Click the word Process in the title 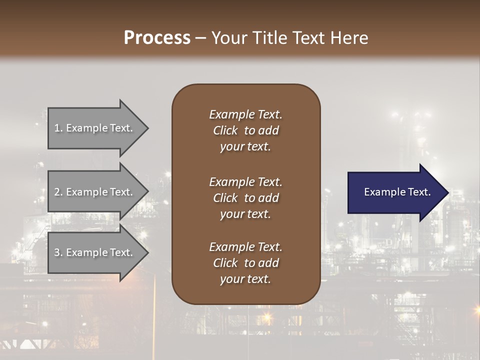pyautogui.click(x=157, y=37)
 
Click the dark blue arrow pyautogui.click(x=395, y=192)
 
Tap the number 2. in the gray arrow pyautogui.click(x=58, y=192)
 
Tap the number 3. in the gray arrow pyautogui.click(x=58, y=252)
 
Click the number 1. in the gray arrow pyautogui.click(x=58, y=128)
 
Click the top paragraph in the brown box pyautogui.click(x=245, y=130)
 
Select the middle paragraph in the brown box pyautogui.click(x=245, y=198)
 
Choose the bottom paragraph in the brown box pyautogui.click(x=245, y=263)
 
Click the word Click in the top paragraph pyautogui.click(x=225, y=131)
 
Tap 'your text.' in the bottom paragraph pyautogui.click(x=245, y=279)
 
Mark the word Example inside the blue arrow pyautogui.click(x=381, y=192)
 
